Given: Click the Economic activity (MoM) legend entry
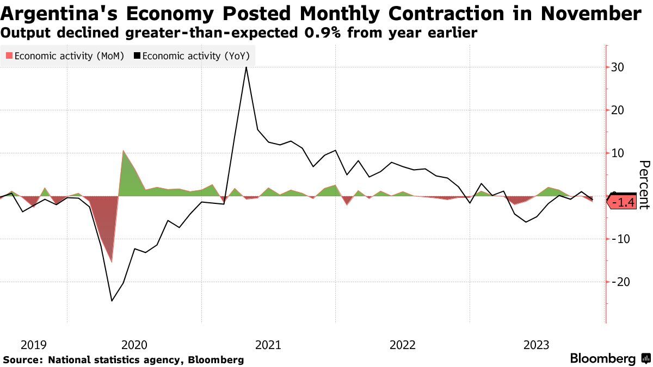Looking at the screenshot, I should (65, 55).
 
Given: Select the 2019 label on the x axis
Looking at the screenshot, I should (33, 345).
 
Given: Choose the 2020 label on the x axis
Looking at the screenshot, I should (134, 345).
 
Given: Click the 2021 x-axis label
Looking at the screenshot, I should (268, 345).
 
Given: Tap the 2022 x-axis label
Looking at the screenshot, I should (402, 345).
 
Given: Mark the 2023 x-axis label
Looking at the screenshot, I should (536, 345).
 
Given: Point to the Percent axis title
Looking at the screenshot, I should (644, 185).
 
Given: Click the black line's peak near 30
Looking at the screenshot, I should (247, 67).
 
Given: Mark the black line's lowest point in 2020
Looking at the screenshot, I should (112, 301).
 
